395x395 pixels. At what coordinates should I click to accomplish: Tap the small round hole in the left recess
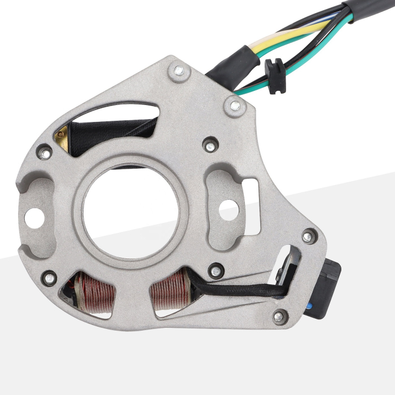pos(34,215)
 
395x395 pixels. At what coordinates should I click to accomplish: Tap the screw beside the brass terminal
pos(45,152)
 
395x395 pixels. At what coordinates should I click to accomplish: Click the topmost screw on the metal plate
pos(179,71)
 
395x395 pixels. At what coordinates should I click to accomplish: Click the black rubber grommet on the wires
pos(274,76)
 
